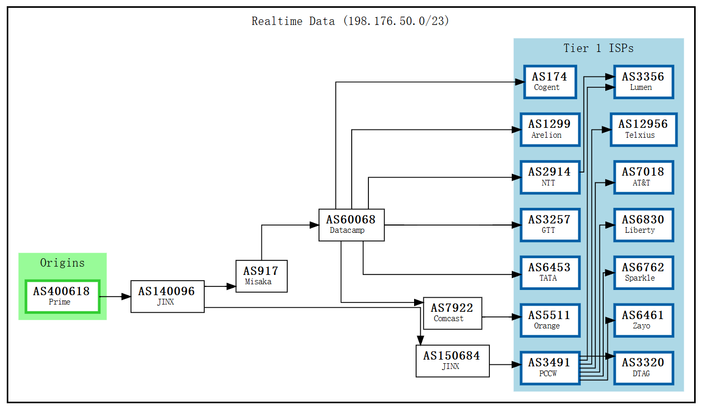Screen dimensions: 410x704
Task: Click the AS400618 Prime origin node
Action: (x=62, y=296)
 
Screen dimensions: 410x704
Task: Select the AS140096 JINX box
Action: (x=167, y=296)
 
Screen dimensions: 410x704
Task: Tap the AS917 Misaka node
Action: (x=261, y=276)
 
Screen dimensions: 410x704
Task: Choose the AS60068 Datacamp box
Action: (x=351, y=224)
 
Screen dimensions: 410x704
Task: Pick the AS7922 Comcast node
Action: (x=452, y=313)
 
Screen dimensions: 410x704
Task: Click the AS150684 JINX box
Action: (x=452, y=361)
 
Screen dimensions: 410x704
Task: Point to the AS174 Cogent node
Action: (x=550, y=82)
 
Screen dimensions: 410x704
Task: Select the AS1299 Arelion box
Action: (x=550, y=129)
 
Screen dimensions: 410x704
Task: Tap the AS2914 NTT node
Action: (x=550, y=177)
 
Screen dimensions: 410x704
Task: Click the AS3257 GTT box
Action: (x=550, y=224)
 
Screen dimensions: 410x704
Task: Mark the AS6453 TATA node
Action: (x=550, y=272)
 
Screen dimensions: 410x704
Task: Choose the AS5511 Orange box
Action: (x=550, y=320)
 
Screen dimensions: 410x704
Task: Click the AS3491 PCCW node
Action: (x=550, y=368)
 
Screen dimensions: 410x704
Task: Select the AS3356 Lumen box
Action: (x=643, y=82)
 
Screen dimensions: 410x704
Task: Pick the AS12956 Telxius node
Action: (x=643, y=129)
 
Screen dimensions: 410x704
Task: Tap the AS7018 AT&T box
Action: (x=643, y=177)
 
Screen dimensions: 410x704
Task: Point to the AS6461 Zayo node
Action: (x=643, y=320)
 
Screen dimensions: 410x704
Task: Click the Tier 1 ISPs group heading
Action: (x=599, y=48)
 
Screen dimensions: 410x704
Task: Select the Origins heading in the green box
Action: (x=62, y=263)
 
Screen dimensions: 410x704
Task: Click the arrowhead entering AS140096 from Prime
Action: (x=126, y=297)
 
